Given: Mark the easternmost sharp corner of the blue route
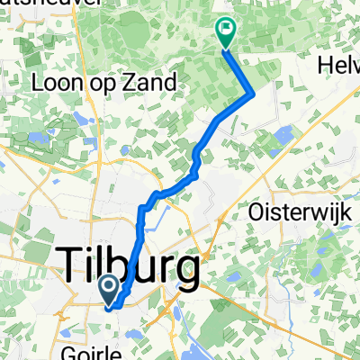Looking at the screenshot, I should (254, 93).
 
